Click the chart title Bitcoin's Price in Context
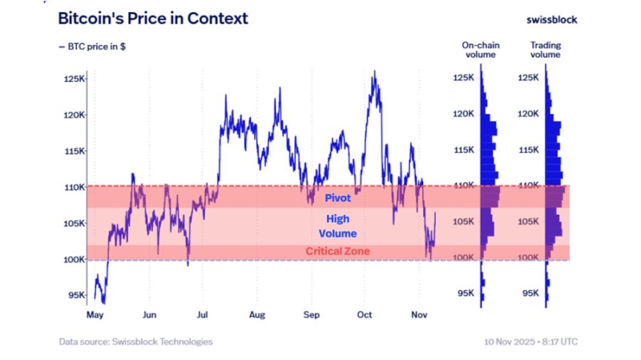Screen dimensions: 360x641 [153, 18]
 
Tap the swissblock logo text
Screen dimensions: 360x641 [551, 19]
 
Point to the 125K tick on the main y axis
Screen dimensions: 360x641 [75, 79]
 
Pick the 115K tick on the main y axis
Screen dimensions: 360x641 [75, 151]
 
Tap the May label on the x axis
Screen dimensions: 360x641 [95, 316]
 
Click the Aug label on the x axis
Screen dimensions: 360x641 [257, 316]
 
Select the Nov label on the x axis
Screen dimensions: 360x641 [419, 316]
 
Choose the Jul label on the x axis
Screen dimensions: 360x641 [203, 316]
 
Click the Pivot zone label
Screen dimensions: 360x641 [337, 197]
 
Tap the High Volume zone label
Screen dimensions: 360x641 [337, 225]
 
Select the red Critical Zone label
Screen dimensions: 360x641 [337, 251]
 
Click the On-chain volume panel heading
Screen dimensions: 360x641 [481, 51]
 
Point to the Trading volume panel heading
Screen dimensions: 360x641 [545, 51]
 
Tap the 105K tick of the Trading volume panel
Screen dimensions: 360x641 [527, 221]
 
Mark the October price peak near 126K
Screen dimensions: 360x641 [373, 71]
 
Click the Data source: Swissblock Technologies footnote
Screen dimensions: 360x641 [135, 342]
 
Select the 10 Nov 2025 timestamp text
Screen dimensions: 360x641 [530, 342]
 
